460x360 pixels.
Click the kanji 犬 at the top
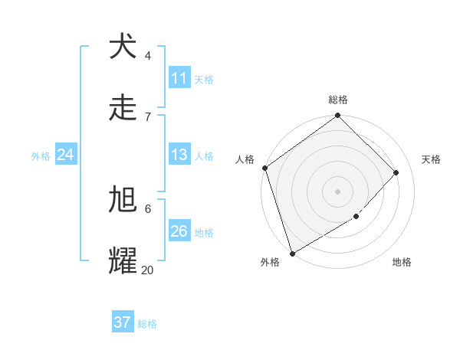[123, 47]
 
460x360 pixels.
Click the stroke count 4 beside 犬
[148, 55]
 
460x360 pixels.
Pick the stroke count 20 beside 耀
[147, 270]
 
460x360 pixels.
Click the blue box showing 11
[179, 78]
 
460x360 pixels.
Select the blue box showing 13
[179, 155]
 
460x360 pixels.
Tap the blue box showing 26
[179, 231]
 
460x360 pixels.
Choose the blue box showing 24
[65, 155]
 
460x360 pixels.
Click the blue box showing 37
[122, 322]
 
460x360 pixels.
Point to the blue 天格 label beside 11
[204, 79]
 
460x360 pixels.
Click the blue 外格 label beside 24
[41, 155]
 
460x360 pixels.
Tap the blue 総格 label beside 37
[147, 324]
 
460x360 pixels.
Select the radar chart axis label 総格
[338, 100]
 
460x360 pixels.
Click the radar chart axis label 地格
[402, 262]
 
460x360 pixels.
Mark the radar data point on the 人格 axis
[264, 168]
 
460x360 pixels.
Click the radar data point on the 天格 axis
[396, 172]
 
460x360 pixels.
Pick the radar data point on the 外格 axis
[292, 253]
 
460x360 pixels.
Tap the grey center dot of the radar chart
[337, 191]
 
